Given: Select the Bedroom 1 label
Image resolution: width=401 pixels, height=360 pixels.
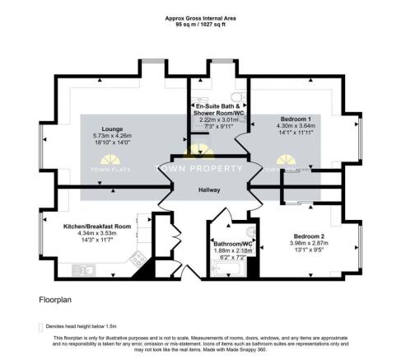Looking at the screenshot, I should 294,119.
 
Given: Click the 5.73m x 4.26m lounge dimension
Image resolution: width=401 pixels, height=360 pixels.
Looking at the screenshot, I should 112,137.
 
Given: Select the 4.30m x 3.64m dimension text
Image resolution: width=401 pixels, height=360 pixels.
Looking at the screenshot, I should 294,126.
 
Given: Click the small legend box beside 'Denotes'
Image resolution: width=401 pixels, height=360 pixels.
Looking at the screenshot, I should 41,326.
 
